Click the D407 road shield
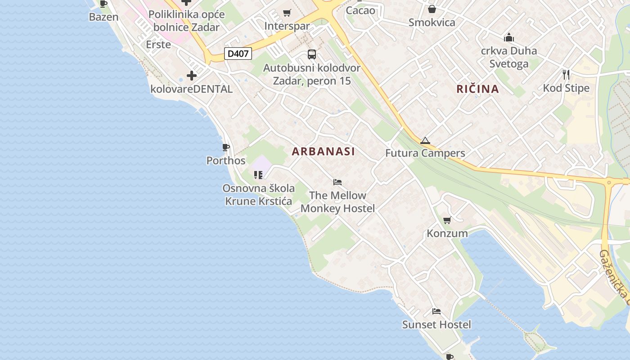(x=238, y=54)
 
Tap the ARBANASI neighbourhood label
(x=323, y=152)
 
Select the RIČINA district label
(x=477, y=89)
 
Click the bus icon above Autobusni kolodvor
(x=312, y=54)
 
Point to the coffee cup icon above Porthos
(x=226, y=147)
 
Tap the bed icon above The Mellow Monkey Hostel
(x=337, y=182)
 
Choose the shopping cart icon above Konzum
(x=447, y=220)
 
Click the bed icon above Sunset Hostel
(x=436, y=311)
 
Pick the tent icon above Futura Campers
(x=425, y=141)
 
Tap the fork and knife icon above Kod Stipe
(x=566, y=74)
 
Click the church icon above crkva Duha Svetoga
(x=509, y=37)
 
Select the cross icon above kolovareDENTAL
(x=192, y=75)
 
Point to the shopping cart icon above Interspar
(x=287, y=13)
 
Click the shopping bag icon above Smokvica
(x=432, y=9)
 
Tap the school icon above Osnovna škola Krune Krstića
(x=258, y=175)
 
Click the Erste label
(x=158, y=45)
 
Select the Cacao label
(x=360, y=10)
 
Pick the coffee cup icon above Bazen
(x=103, y=4)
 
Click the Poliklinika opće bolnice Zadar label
(x=186, y=21)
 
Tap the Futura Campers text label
(x=425, y=153)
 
